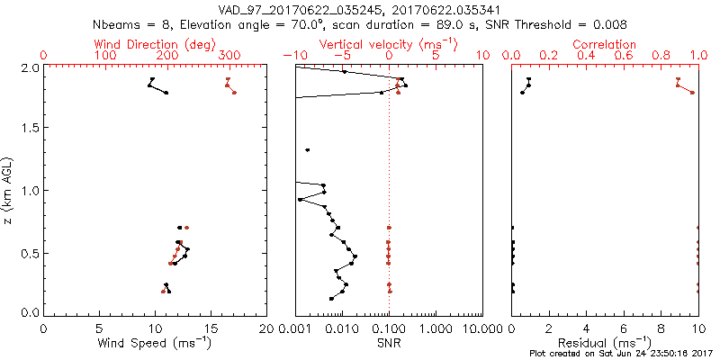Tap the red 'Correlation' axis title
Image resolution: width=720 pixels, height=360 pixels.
coord(605,44)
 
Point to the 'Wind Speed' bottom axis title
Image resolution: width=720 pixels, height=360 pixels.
coord(156,343)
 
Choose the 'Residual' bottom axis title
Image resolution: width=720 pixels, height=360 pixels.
coord(605,343)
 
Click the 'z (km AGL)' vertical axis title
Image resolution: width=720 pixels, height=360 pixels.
coord(10,191)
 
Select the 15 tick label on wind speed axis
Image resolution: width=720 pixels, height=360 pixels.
coord(211,329)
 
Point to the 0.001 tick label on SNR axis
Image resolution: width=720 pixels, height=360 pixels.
coord(295,329)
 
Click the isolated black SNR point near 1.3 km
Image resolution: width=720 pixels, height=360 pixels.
coord(308,149)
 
